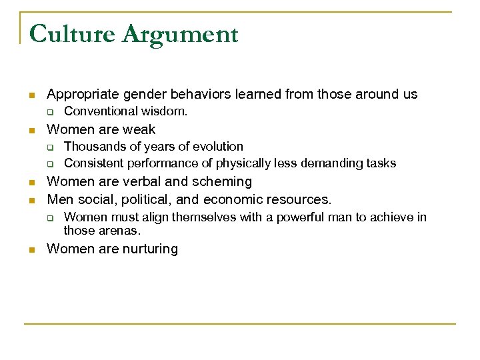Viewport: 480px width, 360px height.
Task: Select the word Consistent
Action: pos(93,163)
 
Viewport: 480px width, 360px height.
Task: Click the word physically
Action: pos(241,163)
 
